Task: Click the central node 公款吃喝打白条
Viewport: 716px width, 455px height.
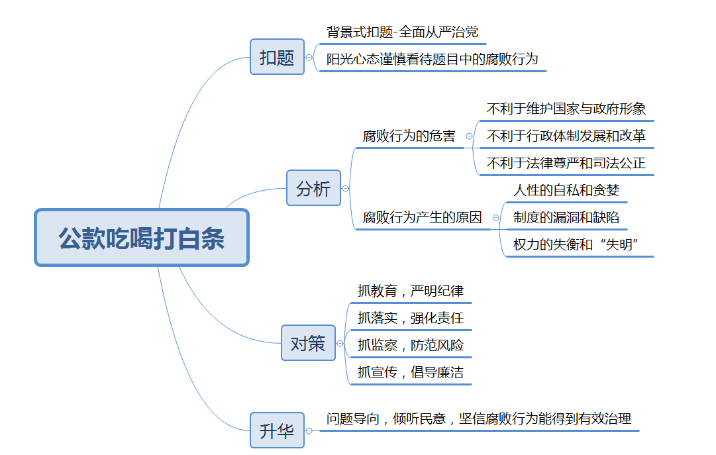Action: (142, 238)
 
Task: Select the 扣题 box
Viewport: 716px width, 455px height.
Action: (277, 57)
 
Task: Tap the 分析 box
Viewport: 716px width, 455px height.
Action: (314, 187)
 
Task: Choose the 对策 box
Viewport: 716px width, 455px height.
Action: (308, 342)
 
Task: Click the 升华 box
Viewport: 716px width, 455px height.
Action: (277, 430)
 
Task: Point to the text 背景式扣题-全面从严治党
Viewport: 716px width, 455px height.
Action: (402, 32)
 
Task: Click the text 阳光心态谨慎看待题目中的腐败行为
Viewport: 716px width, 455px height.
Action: (432, 59)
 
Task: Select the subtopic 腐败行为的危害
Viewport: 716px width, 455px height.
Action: (409, 136)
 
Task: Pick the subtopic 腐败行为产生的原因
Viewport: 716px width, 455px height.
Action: (422, 217)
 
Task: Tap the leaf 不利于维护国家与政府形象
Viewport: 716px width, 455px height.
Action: (566, 109)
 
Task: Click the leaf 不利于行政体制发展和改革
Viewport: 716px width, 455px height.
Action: (566, 136)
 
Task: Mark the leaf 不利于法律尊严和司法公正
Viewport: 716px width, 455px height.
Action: (566, 163)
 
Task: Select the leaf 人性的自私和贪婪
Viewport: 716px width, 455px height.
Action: (566, 190)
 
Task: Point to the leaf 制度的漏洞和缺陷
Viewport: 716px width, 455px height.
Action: (566, 217)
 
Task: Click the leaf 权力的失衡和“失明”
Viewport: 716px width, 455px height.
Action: (576, 244)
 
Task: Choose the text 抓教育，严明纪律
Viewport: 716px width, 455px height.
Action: (411, 291)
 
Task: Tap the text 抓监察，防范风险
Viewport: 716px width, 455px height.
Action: (411, 345)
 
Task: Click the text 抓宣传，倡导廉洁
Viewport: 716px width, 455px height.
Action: (411, 372)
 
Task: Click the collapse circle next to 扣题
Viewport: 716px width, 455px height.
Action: (309, 58)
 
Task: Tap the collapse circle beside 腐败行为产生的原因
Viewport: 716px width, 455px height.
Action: (495, 218)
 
